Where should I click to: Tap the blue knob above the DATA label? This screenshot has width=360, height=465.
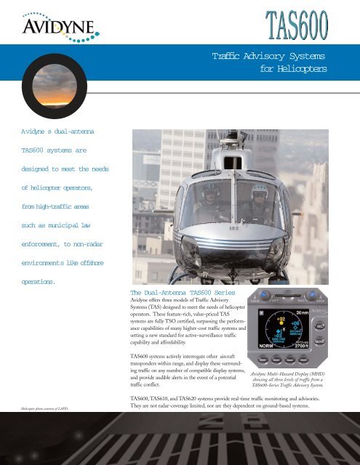pyautogui.click(x=336, y=292)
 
